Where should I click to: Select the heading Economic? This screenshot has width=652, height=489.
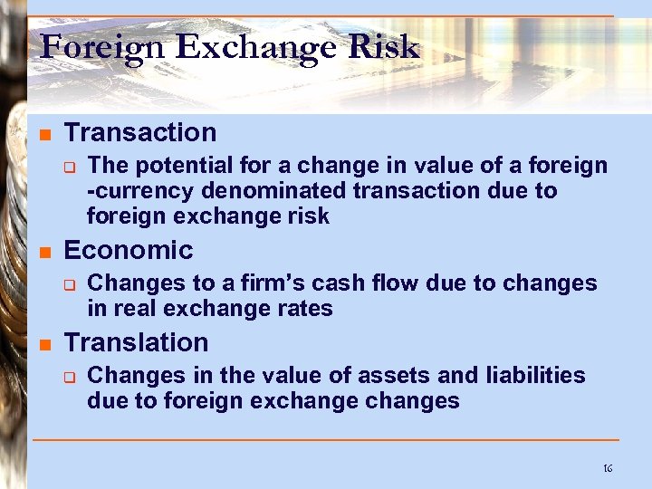click(x=129, y=250)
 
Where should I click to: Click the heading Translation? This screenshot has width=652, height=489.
click(x=136, y=342)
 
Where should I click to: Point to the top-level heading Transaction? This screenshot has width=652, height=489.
click(x=140, y=132)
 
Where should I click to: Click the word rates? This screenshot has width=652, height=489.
click(x=306, y=309)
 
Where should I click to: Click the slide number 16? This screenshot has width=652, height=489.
click(x=608, y=468)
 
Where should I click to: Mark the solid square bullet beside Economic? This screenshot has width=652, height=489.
click(x=43, y=251)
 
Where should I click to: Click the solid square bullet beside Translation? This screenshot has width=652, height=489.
click(x=43, y=343)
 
